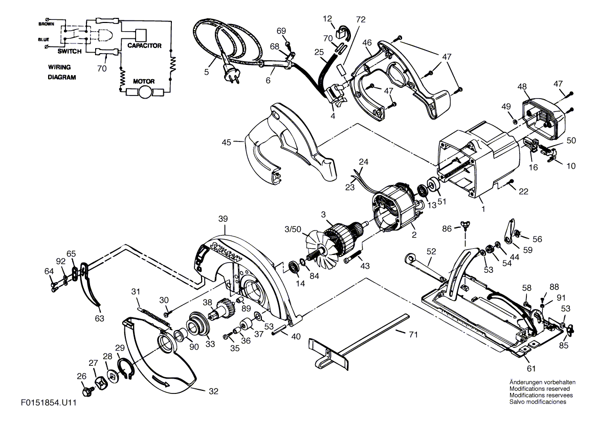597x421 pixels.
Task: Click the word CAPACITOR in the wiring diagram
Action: pos(144,46)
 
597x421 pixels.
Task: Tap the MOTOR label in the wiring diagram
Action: pos(144,81)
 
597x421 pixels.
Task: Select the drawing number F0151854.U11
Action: pos(49,403)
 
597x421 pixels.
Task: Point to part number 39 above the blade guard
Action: pos(223,219)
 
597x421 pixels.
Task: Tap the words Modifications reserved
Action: pos(541,389)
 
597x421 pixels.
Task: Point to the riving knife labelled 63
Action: pos(92,292)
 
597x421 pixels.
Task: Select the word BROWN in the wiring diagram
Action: pos(48,24)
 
